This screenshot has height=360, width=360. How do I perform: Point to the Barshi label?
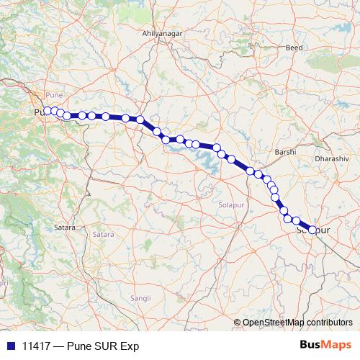(x=286, y=153)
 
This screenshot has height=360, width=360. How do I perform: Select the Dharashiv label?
(x=331, y=156)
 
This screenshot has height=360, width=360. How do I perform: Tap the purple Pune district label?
(x=55, y=94)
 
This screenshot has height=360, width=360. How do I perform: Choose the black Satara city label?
(x=65, y=228)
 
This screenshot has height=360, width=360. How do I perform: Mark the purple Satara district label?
(x=102, y=234)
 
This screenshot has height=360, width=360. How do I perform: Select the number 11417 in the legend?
(x=33, y=346)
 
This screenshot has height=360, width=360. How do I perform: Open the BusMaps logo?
(x=325, y=345)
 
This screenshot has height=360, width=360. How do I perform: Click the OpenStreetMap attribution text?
(x=272, y=323)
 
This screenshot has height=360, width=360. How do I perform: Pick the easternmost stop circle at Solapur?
(x=312, y=230)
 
